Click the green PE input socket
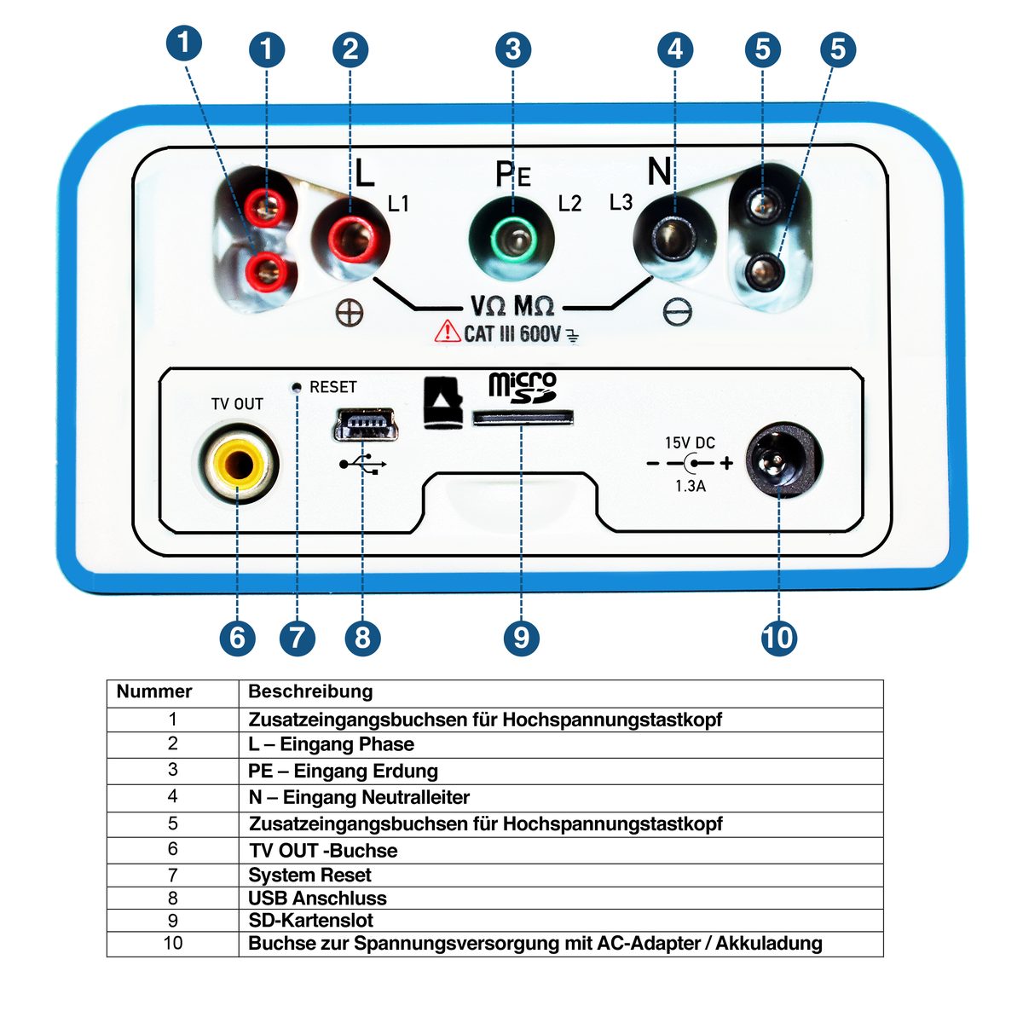(x=511, y=239)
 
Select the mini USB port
(x=366, y=425)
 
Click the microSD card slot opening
(x=523, y=418)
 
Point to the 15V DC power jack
(x=783, y=459)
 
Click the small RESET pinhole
(x=298, y=387)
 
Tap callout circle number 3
(x=513, y=49)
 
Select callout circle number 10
(x=779, y=638)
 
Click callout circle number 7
(x=297, y=638)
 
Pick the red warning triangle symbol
(x=447, y=332)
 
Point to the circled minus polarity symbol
(x=678, y=312)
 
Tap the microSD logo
(x=523, y=387)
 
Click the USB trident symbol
(x=363, y=464)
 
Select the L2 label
(x=569, y=204)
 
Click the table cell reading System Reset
(x=309, y=875)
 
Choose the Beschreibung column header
(x=310, y=691)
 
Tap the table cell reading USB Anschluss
(x=317, y=899)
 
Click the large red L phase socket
(x=350, y=239)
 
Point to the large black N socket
(x=674, y=239)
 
